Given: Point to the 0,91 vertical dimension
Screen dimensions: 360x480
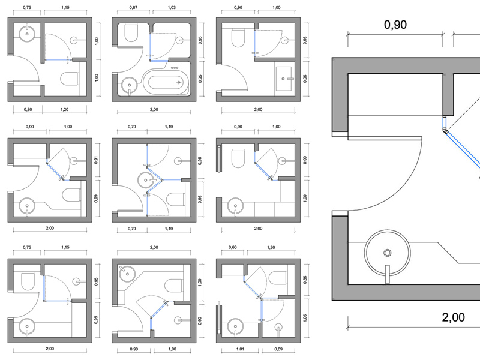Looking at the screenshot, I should (x=97, y=160).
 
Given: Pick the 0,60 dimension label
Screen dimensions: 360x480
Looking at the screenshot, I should (x=233, y=247).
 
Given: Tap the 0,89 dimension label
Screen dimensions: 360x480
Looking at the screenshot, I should (x=280, y=349).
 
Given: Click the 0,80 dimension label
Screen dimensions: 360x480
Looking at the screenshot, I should (x=27, y=110).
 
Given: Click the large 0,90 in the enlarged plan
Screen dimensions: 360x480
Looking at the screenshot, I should (x=394, y=25).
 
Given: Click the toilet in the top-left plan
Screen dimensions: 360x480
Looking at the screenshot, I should (x=71, y=79).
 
